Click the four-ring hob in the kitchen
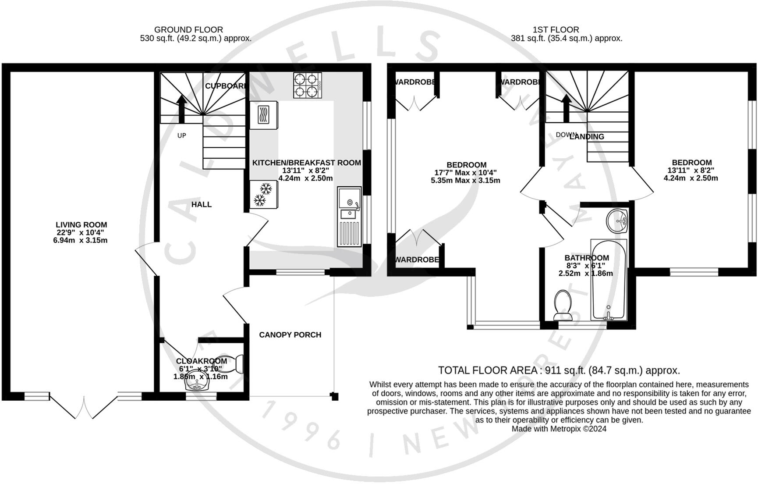pos(307,85)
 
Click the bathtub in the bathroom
pos(608,279)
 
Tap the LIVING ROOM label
pos(81,225)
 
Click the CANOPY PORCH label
pos(290,335)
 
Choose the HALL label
pos(202,204)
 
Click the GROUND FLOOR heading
pos(188,30)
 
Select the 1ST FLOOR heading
pos(556,30)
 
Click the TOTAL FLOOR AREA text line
pos(559,370)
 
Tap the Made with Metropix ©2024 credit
pos(559,429)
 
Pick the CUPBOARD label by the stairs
pos(225,86)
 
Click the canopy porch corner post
pos(335,396)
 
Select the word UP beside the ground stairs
pos(181,135)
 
